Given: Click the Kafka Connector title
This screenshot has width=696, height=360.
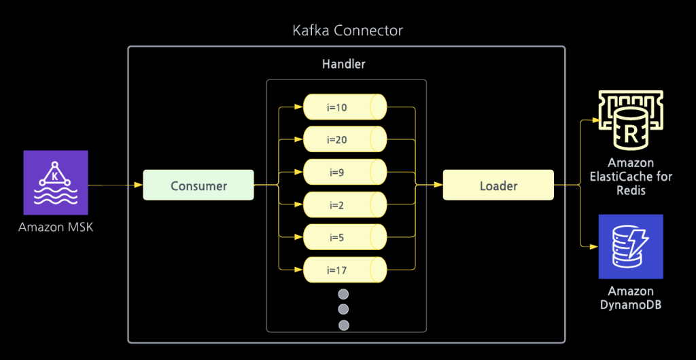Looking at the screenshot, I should pyautogui.click(x=347, y=31).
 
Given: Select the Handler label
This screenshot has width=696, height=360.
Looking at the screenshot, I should pyautogui.click(x=343, y=65).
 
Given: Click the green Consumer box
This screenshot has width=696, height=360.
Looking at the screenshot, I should pyautogui.click(x=198, y=185).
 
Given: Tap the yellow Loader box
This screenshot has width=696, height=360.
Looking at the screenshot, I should pyautogui.click(x=498, y=185).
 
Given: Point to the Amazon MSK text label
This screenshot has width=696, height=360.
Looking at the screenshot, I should pyautogui.click(x=56, y=227).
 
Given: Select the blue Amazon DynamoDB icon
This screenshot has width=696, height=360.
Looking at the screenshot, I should pyautogui.click(x=630, y=247).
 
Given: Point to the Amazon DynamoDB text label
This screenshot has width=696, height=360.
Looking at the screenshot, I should pyautogui.click(x=630, y=298).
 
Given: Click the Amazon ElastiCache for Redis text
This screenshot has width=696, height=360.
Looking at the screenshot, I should pyautogui.click(x=630, y=177).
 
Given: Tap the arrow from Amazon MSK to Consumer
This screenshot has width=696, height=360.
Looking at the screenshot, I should pyautogui.click(x=116, y=185).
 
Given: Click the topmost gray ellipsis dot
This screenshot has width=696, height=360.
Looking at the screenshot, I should pyautogui.click(x=343, y=294).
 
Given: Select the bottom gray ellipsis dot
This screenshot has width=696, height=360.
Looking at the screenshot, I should pyautogui.click(x=343, y=325).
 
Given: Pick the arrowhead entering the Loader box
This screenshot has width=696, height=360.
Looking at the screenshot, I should pyautogui.click(x=438, y=185).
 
